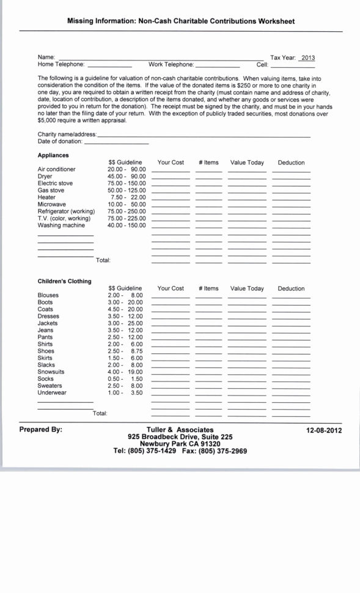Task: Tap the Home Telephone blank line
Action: [109, 65]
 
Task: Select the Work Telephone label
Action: [171, 64]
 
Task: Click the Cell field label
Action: [262, 64]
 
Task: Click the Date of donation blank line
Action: [116, 142]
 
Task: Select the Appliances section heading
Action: [53, 155]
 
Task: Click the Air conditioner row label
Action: [57, 169]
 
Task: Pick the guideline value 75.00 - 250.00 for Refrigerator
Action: [127, 211]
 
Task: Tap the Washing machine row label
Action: [61, 225]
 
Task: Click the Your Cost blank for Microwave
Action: [171, 205]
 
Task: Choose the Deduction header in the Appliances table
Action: [291, 163]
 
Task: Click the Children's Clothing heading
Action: [64, 281]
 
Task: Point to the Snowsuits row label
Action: [51, 372]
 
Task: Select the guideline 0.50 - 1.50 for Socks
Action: [125, 379]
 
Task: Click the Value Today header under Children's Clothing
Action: [247, 289]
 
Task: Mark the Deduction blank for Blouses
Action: [291, 296]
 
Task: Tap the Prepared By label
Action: [40, 430]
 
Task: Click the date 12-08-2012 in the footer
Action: [324, 430]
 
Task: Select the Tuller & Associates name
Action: [180, 430]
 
